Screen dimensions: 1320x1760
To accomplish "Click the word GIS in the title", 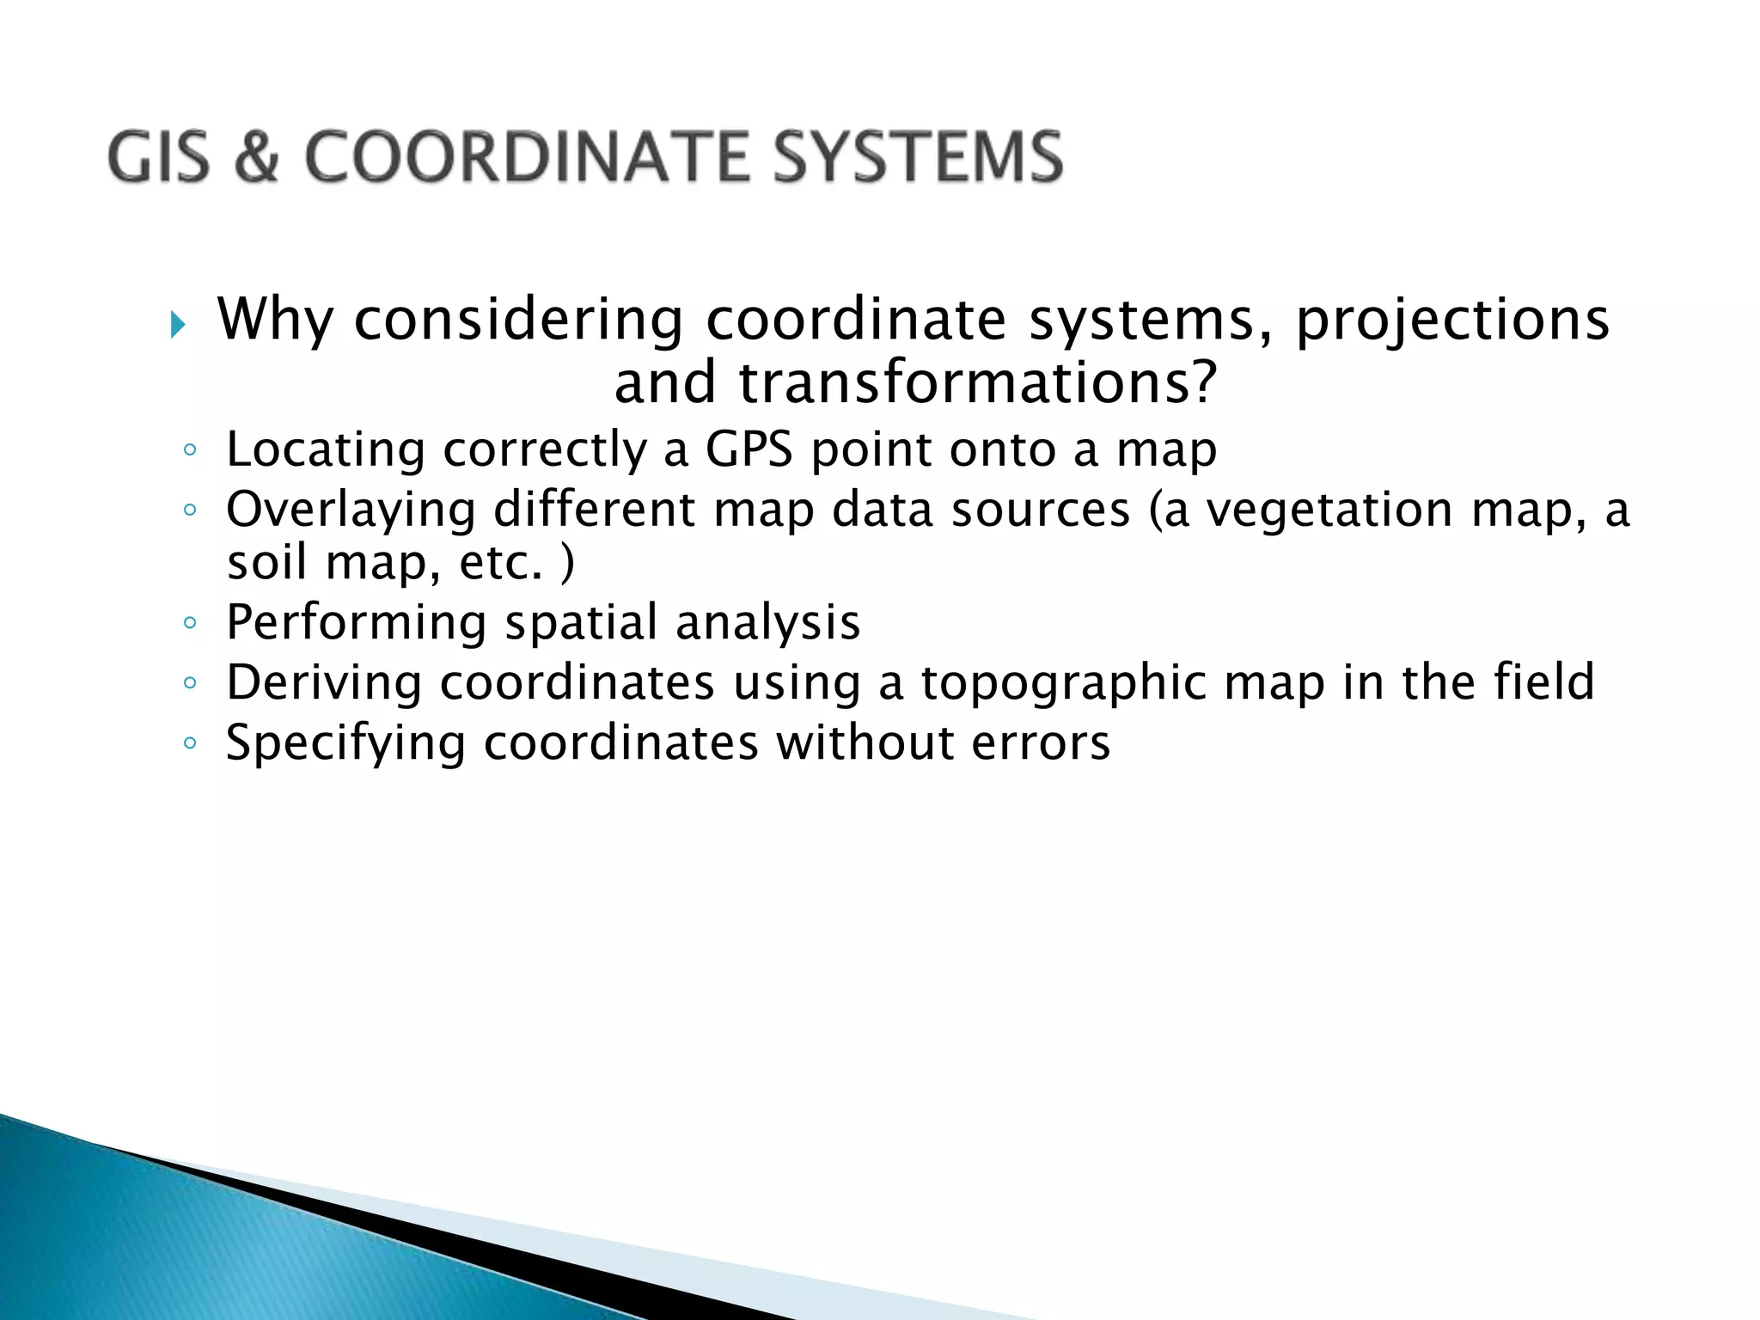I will [x=159, y=157].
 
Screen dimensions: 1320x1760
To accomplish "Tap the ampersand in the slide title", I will [x=256, y=157].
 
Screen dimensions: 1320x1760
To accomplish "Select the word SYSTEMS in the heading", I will [x=918, y=157].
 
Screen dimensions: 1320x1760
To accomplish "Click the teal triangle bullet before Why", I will [x=177, y=325].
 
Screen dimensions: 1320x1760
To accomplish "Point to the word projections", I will [x=1452, y=321].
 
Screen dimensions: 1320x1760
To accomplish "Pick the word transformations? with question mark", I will [x=977, y=383].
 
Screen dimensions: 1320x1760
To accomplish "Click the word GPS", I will [x=749, y=449].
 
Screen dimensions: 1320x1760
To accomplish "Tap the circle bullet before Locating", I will [x=190, y=450].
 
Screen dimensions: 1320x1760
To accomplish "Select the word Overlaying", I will [x=351, y=510].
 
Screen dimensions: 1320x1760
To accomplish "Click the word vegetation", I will [x=1329, y=510].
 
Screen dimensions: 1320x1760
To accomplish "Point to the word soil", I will [x=266, y=563].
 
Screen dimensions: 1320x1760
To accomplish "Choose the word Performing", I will [x=356, y=623].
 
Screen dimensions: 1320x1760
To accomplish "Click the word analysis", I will [x=767, y=623].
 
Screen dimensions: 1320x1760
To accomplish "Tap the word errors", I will [x=1041, y=744].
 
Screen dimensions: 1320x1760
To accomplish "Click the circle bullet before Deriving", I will [x=190, y=683].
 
